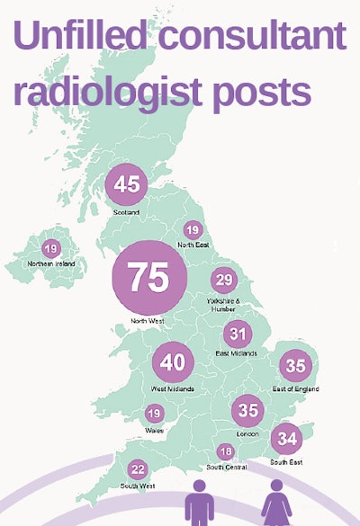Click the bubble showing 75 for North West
coord(148,278)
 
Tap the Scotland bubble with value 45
coord(127,184)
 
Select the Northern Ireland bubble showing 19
coord(51,249)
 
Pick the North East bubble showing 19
coord(193,230)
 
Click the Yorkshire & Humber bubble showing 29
coord(223,281)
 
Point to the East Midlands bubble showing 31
coord(237,334)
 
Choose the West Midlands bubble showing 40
coord(173,363)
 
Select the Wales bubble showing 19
coord(154,414)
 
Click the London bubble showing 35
coord(247,411)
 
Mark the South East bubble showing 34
coord(287,440)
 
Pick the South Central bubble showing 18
coord(225,451)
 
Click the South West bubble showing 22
coord(138,468)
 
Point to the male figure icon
coord(196,503)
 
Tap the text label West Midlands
coord(173,389)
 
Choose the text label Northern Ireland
coord(51,263)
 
